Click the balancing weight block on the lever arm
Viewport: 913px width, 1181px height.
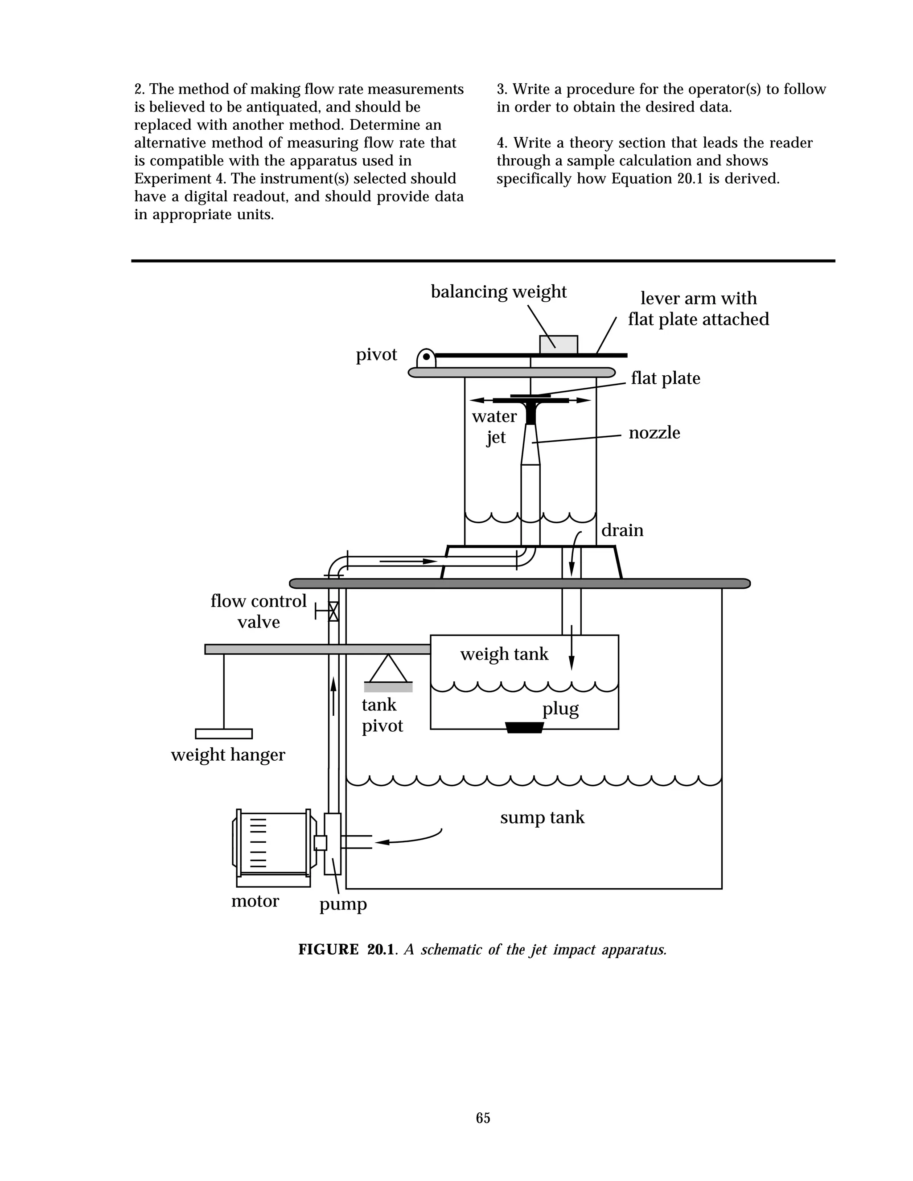[x=558, y=344]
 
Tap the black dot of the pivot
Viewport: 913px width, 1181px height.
[x=426, y=357]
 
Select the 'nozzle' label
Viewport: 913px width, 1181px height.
[x=654, y=433]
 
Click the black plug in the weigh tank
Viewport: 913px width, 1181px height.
[x=524, y=727]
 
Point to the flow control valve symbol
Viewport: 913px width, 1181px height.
[x=333, y=611]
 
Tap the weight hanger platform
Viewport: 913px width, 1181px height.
[x=223, y=734]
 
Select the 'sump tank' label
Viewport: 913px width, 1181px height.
[x=542, y=817]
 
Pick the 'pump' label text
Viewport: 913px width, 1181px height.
[x=343, y=904]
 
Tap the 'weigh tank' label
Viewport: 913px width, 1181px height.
[x=504, y=654]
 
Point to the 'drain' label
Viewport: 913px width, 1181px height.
[x=622, y=530]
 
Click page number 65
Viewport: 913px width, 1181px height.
[x=483, y=1118]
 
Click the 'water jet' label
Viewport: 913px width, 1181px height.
[x=494, y=426]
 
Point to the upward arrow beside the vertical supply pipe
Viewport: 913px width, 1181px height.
[x=333, y=695]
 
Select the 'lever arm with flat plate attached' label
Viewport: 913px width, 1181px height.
[x=698, y=309]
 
